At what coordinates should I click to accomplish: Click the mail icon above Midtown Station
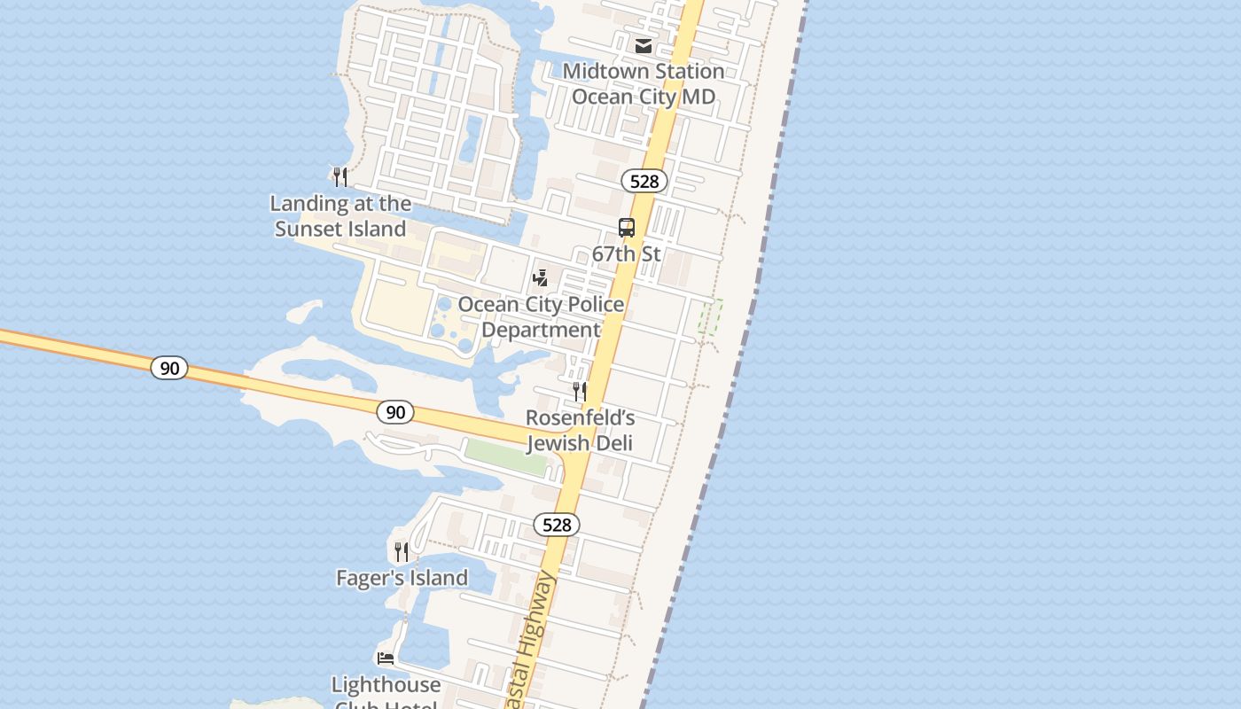[x=644, y=46]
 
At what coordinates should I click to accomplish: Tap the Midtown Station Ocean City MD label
[x=644, y=83]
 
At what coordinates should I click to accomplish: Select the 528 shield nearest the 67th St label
[x=644, y=182]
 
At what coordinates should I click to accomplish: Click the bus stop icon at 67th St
[x=627, y=228]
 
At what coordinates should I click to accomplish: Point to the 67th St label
[x=627, y=254]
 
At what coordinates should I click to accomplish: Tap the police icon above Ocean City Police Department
[x=540, y=278]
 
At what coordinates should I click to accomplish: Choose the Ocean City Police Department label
[x=541, y=317]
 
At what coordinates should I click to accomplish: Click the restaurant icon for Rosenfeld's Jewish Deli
[x=580, y=391]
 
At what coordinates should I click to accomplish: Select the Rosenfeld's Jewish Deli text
[x=580, y=430]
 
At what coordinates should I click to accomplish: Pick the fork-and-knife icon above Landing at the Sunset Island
[x=340, y=176]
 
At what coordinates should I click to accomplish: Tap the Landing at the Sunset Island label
[x=340, y=216]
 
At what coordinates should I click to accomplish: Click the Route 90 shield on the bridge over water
[x=168, y=367]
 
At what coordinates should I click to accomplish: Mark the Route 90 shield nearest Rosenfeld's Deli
[x=395, y=412]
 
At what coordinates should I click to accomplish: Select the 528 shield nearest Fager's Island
[x=557, y=525]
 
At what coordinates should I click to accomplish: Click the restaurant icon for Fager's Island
[x=402, y=552]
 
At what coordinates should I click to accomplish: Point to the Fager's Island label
[x=402, y=579]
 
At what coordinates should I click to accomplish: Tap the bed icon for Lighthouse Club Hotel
[x=386, y=658]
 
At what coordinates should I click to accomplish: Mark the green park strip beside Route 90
[x=505, y=456]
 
